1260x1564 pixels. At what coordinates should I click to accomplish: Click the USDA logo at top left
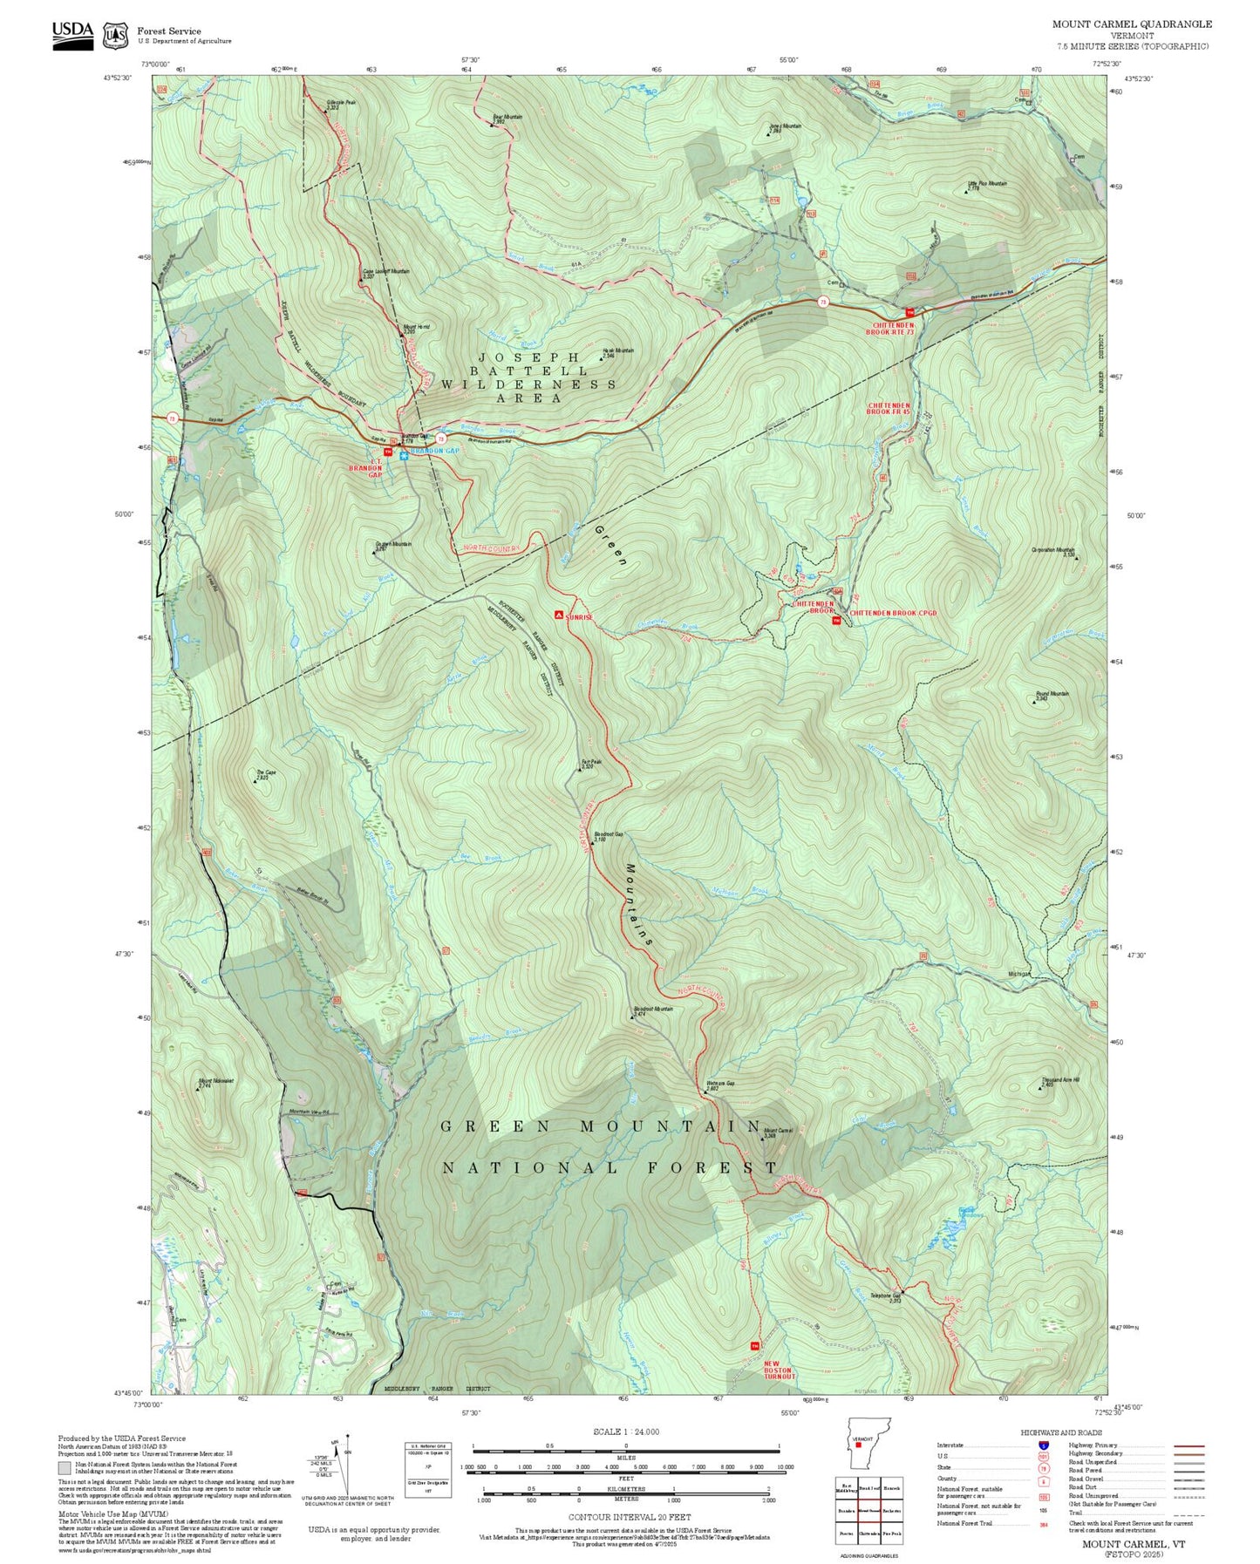click(x=72, y=34)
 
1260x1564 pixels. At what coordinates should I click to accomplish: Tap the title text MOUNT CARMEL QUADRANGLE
click(x=1131, y=24)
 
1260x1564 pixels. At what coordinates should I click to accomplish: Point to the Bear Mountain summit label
click(x=507, y=119)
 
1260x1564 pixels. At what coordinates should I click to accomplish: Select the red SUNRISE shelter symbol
click(x=558, y=615)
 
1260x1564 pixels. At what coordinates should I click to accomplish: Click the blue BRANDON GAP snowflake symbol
click(x=405, y=454)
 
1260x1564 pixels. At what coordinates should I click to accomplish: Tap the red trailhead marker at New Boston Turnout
click(x=755, y=1346)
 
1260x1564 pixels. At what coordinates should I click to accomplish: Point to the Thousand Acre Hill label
click(x=1059, y=1082)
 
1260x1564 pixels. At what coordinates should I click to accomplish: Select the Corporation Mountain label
click(x=1052, y=551)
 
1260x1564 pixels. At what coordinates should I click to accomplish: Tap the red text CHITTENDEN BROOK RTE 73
click(x=890, y=328)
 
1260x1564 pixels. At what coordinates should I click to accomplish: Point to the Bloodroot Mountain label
click(x=651, y=1010)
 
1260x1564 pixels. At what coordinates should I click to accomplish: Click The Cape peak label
click(x=265, y=773)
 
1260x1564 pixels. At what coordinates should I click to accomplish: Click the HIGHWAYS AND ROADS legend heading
click(x=1061, y=1432)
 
